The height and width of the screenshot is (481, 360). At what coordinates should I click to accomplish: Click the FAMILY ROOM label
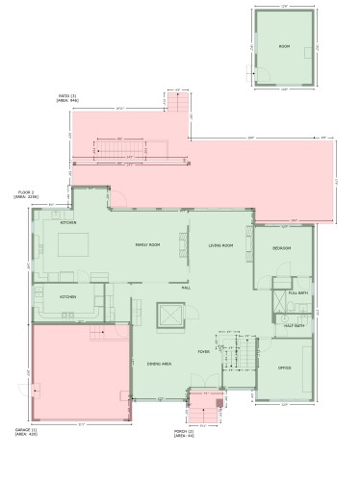[147, 245]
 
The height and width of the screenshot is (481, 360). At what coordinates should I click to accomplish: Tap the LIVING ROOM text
[221, 245]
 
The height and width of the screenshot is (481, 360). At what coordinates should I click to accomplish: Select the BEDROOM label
[281, 248]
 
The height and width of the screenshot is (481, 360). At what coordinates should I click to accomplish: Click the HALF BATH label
[295, 325]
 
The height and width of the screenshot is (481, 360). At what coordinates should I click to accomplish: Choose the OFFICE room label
[284, 368]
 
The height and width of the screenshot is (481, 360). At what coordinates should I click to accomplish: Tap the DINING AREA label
[160, 364]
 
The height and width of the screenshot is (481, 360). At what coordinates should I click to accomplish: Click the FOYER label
[204, 352]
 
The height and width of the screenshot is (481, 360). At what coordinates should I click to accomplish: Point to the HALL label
[186, 287]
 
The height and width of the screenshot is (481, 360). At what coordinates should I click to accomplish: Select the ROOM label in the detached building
[284, 46]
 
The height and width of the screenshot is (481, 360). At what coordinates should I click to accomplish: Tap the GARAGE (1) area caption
[25, 431]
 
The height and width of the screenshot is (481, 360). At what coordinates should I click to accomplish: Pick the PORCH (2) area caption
[184, 434]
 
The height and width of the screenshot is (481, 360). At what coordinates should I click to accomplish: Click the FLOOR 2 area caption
[24, 194]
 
